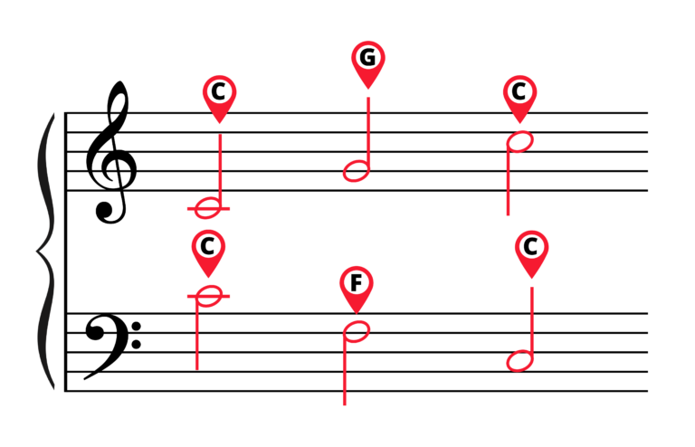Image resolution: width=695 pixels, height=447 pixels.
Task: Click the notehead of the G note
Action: coord(357,171)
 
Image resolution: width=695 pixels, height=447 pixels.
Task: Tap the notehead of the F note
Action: coord(357,332)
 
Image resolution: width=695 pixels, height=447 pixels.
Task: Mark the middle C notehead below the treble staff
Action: coord(208,208)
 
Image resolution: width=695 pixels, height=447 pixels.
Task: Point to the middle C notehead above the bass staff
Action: coord(208,296)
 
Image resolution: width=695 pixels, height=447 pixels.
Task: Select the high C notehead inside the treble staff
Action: coord(520,142)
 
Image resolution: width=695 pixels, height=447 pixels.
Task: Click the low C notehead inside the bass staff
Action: coord(520,361)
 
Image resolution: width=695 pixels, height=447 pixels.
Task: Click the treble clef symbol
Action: coord(111,152)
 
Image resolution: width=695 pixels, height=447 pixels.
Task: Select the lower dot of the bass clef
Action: coord(137,344)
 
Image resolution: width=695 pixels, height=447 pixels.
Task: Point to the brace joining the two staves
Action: coord(45,252)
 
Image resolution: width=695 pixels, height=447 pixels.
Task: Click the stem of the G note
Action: coord(368,134)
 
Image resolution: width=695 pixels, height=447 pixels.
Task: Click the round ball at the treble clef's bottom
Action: coord(105,212)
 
